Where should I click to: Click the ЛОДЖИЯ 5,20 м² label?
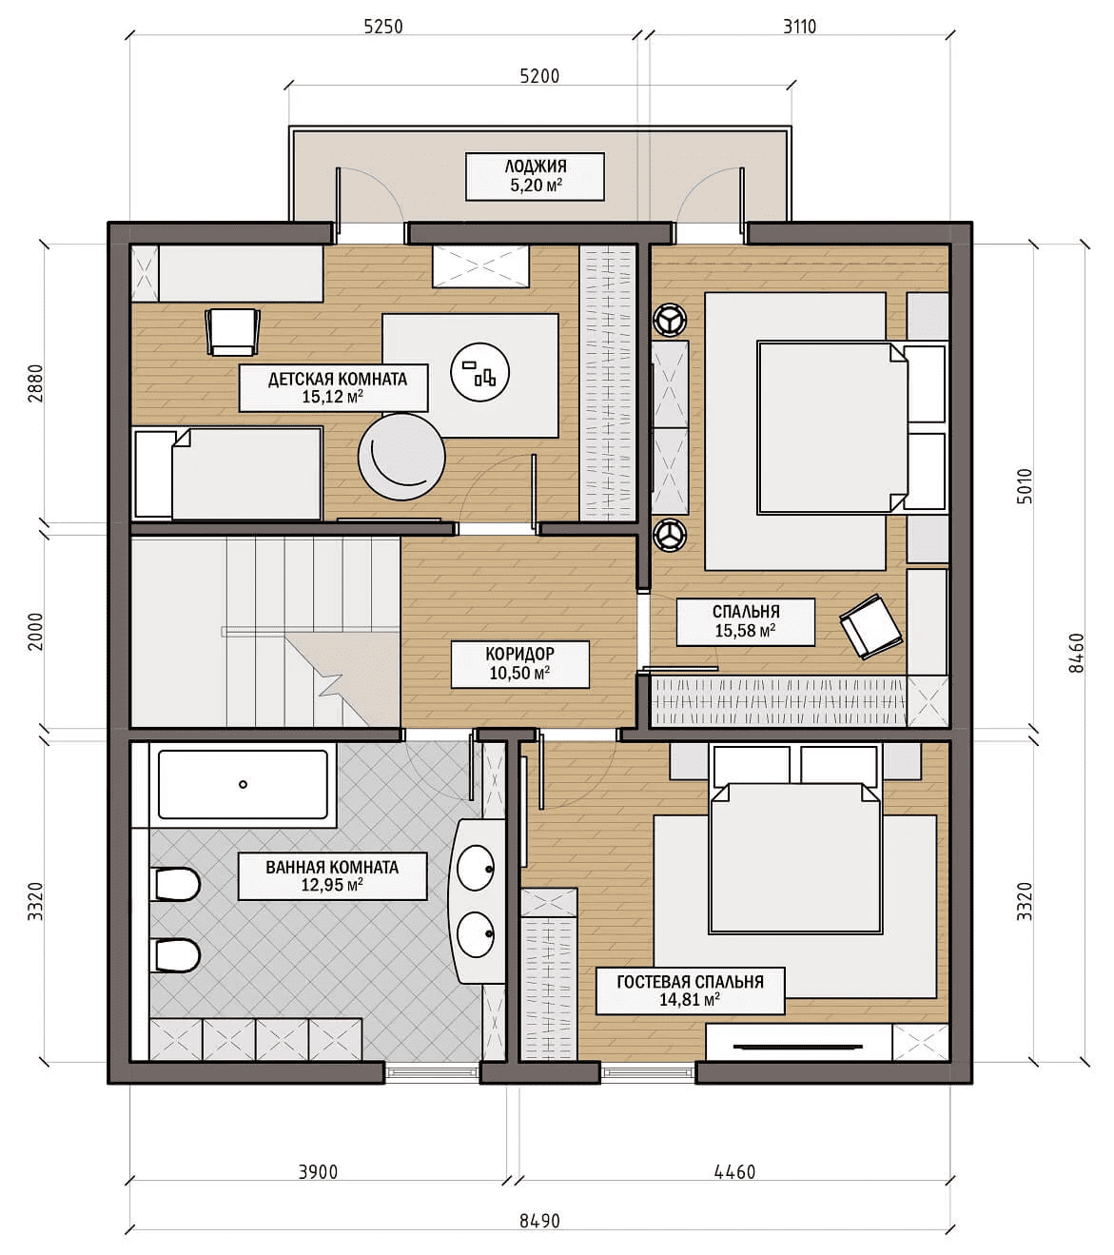[535, 176]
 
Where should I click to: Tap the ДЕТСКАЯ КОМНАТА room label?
[338, 379]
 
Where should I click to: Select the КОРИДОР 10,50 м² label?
[519, 663]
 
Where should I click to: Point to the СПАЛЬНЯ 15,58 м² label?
[745, 621]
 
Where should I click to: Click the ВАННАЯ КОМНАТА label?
[332, 867]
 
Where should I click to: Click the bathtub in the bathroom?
[243, 785]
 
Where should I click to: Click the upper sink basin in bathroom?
[476, 868]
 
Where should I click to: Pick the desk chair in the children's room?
[232, 332]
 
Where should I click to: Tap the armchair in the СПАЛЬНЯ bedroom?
[870, 626]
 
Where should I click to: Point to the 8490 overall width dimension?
[539, 1221]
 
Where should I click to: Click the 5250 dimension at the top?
[383, 26]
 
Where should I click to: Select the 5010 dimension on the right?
[1026, 485]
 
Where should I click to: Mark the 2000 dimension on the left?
[36, 631]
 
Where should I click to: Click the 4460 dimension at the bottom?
[735, 1171]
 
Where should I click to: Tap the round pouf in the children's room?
[401, 457]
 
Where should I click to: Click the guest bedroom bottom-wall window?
[648, 1072]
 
